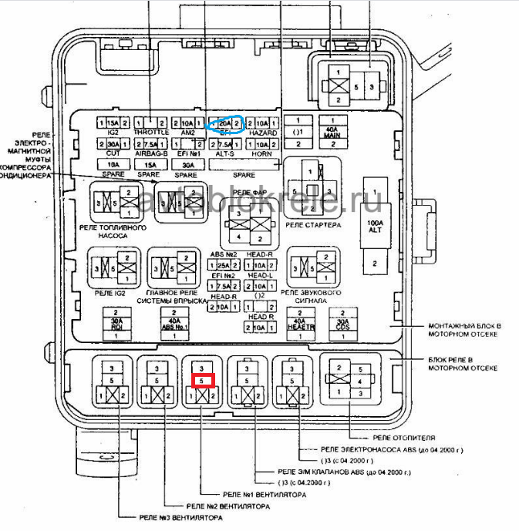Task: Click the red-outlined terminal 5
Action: click(x=201, y=380)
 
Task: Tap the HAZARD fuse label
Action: click(x=263, y=133)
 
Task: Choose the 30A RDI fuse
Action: click(x=117, y=324)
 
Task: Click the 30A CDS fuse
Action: click(x=341, y=324)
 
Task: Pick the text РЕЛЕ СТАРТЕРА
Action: click(x=312, y=224)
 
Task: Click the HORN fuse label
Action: click(x=263, y=154)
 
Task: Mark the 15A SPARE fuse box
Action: click(x=151, y=164)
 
